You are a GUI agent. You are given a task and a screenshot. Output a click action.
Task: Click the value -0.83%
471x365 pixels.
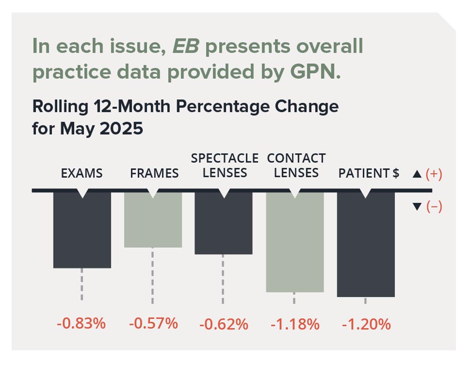[81, 323]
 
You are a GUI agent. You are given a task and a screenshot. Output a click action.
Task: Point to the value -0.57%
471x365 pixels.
[153, 323]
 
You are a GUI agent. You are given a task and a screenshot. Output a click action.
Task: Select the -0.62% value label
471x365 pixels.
[224, 323]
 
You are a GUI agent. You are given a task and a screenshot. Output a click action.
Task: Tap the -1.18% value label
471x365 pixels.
[295, 323]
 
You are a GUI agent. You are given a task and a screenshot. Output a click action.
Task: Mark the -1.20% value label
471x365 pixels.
[366, 323]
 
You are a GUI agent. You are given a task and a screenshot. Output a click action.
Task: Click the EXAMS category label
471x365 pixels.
[82, 174]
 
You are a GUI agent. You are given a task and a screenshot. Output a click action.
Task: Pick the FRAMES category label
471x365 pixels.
[154, 174]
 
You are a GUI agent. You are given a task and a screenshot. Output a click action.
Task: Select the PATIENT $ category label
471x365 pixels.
[368, 174]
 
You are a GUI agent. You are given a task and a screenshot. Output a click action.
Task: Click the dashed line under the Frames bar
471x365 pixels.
[153, 275]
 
